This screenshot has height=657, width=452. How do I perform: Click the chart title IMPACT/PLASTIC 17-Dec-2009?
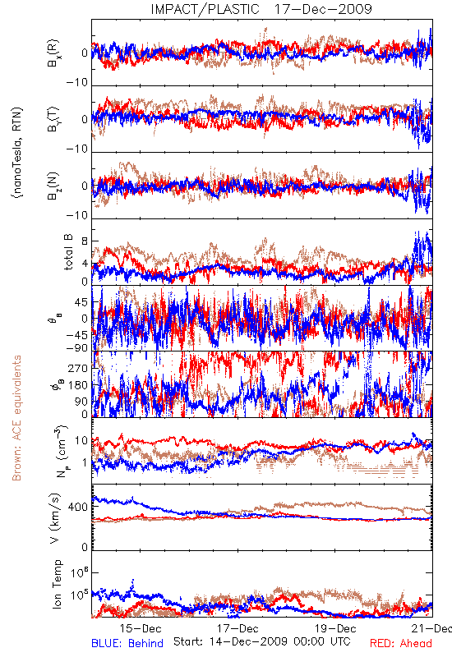[x=261, y=9]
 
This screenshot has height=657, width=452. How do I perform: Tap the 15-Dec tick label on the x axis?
[x=140, y=628]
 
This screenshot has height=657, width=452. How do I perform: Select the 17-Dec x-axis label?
[x=238, y=628]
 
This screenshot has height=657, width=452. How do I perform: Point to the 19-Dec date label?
[x=335, y=628]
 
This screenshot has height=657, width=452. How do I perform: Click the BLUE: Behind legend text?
[x=127, y=643]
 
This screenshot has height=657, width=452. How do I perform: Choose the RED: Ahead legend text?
[x=401, y=643]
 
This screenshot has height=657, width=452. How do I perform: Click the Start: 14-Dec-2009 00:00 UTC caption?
[x=261, y=641]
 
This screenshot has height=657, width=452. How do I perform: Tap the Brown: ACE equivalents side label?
[x=16, y=418]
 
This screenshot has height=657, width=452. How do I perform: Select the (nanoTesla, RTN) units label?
[x=17, y=153]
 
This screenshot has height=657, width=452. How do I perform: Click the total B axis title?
[x=68, y=251]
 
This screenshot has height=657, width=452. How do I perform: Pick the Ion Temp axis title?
[x=57, y=584]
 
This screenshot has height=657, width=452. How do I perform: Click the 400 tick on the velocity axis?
[x=78, y=507]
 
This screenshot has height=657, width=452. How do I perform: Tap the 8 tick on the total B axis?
[x=85, y=241]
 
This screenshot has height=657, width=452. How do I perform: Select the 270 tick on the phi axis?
[x=78, y=369]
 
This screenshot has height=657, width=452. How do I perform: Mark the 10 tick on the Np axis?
[x=81, y=441]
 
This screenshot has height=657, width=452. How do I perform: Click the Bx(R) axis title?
[x=53, y=53]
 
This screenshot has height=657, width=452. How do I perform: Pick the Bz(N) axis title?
[x=53, y=186]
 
